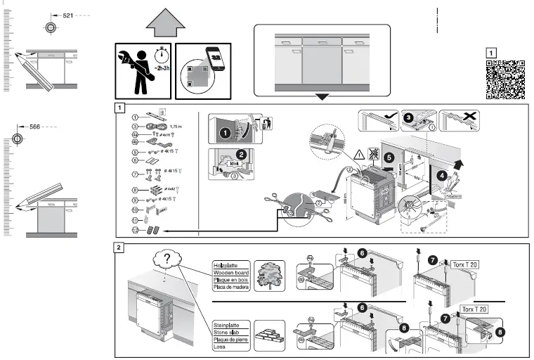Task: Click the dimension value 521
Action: pyautogui.click(x=68, y=15)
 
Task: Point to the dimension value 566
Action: pyautogui.click(x=37, y=127)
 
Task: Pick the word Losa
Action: pyautogui.click(x=220, y=347)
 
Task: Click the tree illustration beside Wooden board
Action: pyautogui.click(x=271, y=276)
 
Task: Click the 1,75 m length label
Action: pyautogui.click(x=176, y=126)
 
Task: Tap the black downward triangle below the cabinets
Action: pyautogui.click(x=321, y=96)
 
